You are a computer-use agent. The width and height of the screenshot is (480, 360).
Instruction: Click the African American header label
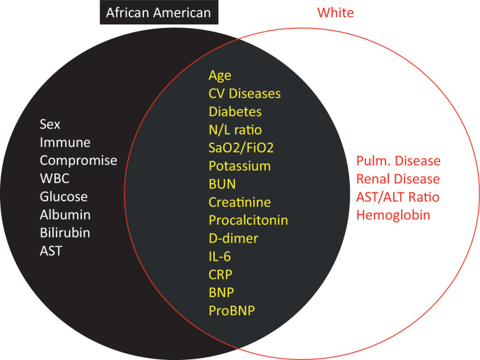[159, 13]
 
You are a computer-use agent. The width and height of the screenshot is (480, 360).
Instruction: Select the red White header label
[336, 13]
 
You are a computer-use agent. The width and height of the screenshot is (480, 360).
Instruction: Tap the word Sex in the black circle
[50, 124]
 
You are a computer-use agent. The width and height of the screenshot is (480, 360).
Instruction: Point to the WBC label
[55, 178]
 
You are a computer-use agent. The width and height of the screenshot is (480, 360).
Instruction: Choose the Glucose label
[64, 196]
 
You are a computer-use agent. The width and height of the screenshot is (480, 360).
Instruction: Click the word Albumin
[65, 215]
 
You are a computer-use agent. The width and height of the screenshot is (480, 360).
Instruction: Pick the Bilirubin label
[65, 233]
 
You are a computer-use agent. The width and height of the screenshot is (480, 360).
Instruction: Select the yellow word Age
[220, 75]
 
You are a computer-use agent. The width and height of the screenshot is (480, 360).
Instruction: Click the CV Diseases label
[245, 94]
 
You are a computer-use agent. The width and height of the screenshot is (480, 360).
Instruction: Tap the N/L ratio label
[235, 130]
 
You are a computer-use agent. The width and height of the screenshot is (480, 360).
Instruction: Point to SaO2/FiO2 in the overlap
[241, 147]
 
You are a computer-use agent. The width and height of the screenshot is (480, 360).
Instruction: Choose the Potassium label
[240, 166]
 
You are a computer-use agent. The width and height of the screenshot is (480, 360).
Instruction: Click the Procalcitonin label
[248, 220]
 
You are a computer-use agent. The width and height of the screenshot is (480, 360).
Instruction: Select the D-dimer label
[233, 238]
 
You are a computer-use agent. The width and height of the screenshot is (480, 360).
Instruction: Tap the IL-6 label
[220, 257]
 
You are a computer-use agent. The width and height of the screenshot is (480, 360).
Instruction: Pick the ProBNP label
[232, 310]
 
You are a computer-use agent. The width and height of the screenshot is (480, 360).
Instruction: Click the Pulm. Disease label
[398, 161]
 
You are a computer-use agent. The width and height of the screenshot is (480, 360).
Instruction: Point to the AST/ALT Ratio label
[398, 196]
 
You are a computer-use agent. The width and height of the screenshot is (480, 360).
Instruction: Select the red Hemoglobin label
[393, 215]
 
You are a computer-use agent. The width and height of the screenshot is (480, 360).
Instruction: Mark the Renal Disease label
[398, 179]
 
